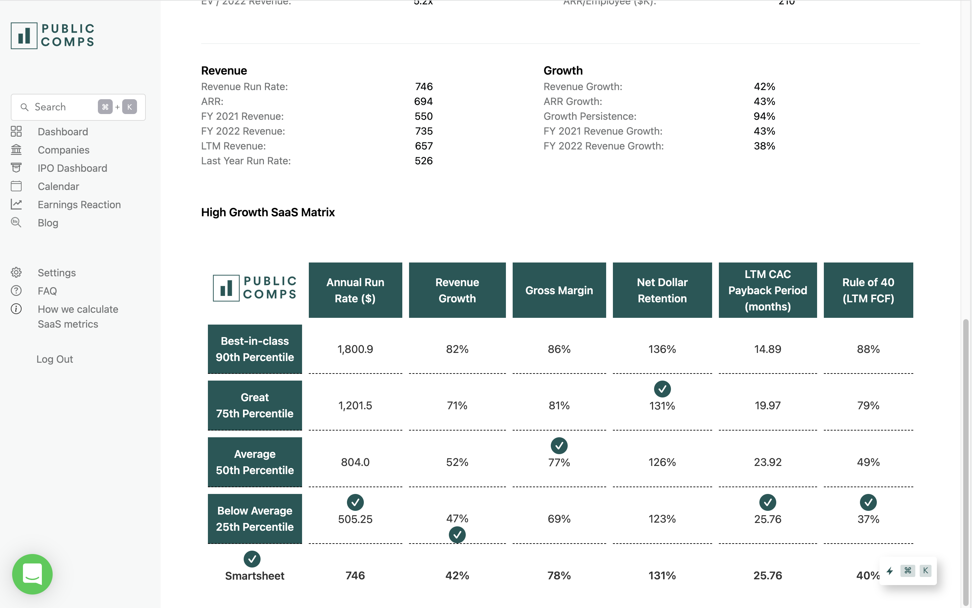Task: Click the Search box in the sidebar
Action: [x=60, y=107]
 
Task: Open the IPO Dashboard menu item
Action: [x=72, y=168]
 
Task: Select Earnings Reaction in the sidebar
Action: [x=79, y=205]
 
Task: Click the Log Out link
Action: [x=55, y=359]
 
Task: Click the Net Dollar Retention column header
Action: [x=662, y=290]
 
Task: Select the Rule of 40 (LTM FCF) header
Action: [x=868, y=290]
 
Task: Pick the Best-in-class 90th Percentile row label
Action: [x=254, y=349]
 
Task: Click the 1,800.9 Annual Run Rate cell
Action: [x=355, y=349]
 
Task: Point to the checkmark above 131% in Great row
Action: [x=662, y=389]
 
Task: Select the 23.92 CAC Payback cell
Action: [x=767, y=462]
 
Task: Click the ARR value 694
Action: [x=424, y=101]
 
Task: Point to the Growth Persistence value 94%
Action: [x=764, y=116]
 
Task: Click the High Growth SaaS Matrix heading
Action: [x=268, y=212]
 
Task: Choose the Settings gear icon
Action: [x=16, y=273]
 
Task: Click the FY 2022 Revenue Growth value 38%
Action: [x=764, y=146]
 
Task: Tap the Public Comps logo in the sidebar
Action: [x=53, y=36]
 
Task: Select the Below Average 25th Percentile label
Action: [x=254, y=519]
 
